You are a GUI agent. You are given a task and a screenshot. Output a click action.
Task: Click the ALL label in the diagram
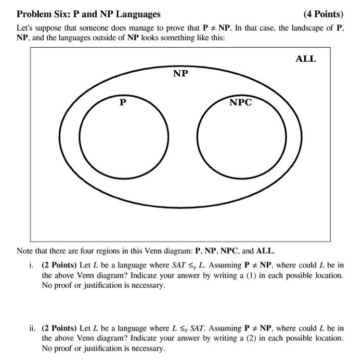pos(305,59)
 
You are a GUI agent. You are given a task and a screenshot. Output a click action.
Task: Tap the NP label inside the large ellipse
pos(180,74)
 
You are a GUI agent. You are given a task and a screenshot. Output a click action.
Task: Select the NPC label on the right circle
pos(240,102)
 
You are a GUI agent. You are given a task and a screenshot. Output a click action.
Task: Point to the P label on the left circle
pos(122,102)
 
